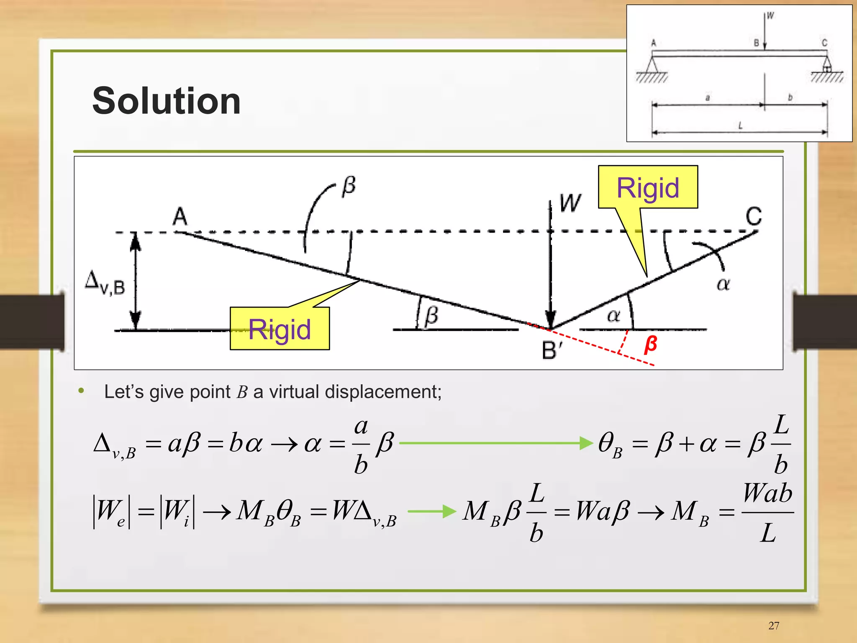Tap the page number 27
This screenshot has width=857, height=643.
pyautogui.click(x=774, y=625)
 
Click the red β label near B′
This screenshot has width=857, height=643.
pyautogui.click(x=650, y=344)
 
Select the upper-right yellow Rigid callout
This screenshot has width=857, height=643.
pyautogui.click(x=648, y=187)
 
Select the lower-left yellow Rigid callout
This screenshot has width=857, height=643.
pyautogui.click(x=280, y=329)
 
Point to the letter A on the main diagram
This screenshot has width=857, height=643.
pyautogui.click(x=180, y=216)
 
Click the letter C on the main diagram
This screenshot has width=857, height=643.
pyautogui.click(x=754, y=216)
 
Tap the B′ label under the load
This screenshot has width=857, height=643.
pyautogui.click(x=552, y=350)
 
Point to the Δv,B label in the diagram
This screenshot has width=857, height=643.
pyautogui.click(x=105, y=283)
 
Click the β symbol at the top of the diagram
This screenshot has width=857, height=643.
pyautogui.click(x=349, y=185)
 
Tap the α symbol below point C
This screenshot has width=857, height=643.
pyautogui.click(x=723, y=284)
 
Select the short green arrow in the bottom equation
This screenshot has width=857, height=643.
pyautogui.click(x=431, y=511)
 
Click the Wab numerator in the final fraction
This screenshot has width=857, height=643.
pyautogui.click(x=767, y=494)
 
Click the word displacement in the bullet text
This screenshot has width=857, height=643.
pyautogui.click(x=383, y=392)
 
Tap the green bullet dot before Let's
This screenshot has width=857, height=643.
pyautogui.click(x=81, y=391)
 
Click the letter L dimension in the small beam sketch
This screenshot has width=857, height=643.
pyautogui.click(x=740, y=125)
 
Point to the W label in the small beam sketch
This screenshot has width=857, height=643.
pyautogui.click(x=770, y=16)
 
